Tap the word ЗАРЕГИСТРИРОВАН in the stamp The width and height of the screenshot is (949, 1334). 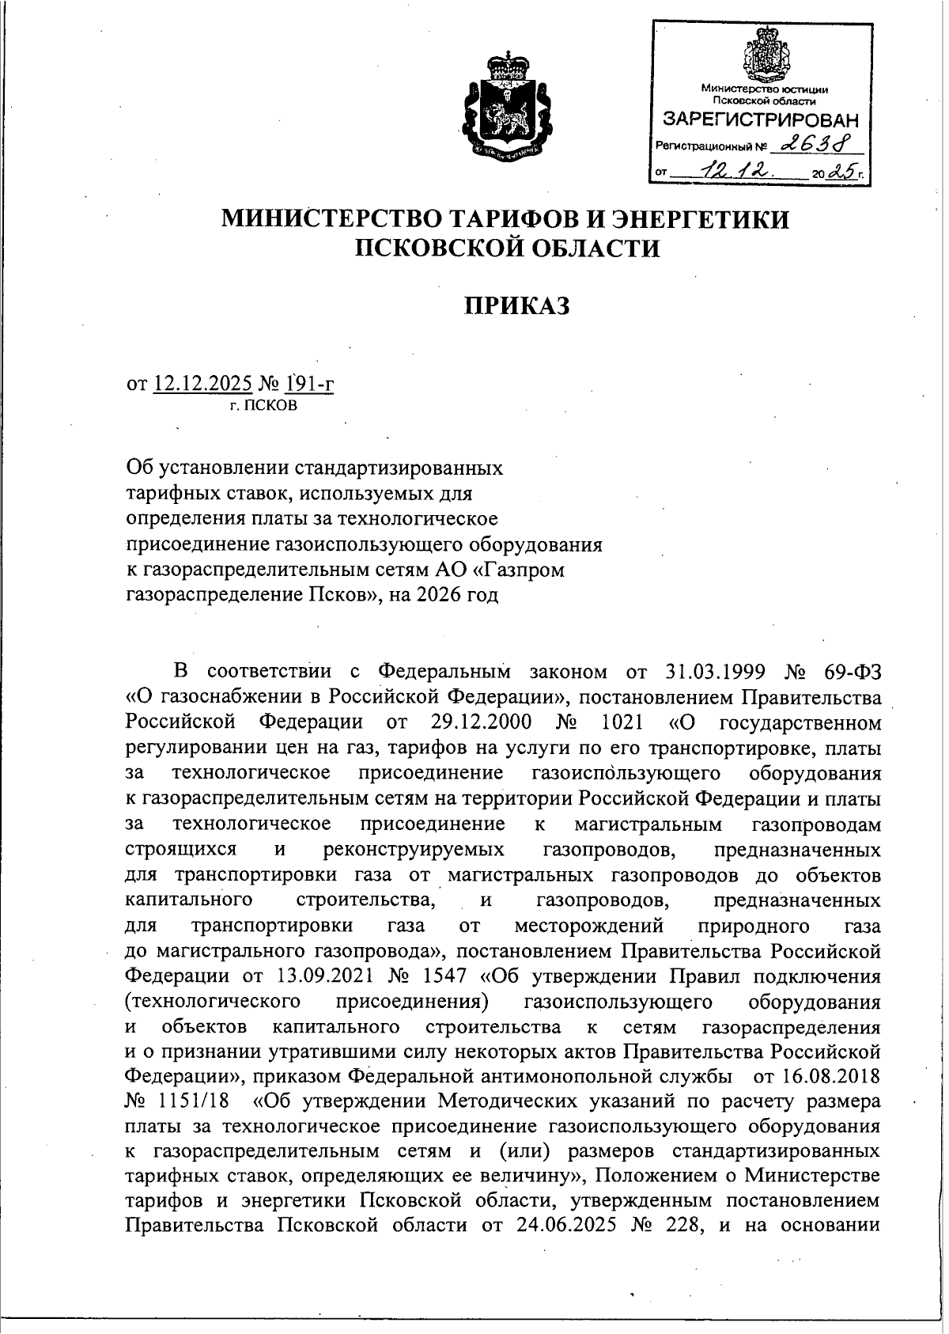coord(759,121)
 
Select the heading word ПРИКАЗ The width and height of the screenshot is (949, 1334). coord(516,306)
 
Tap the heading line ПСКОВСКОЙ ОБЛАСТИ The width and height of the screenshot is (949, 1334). coord(506,248)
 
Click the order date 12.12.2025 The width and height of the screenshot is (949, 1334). coord(203,385)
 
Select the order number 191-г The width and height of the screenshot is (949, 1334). coord(311,385)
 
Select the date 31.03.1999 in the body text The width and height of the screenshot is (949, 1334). coord(711,673)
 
